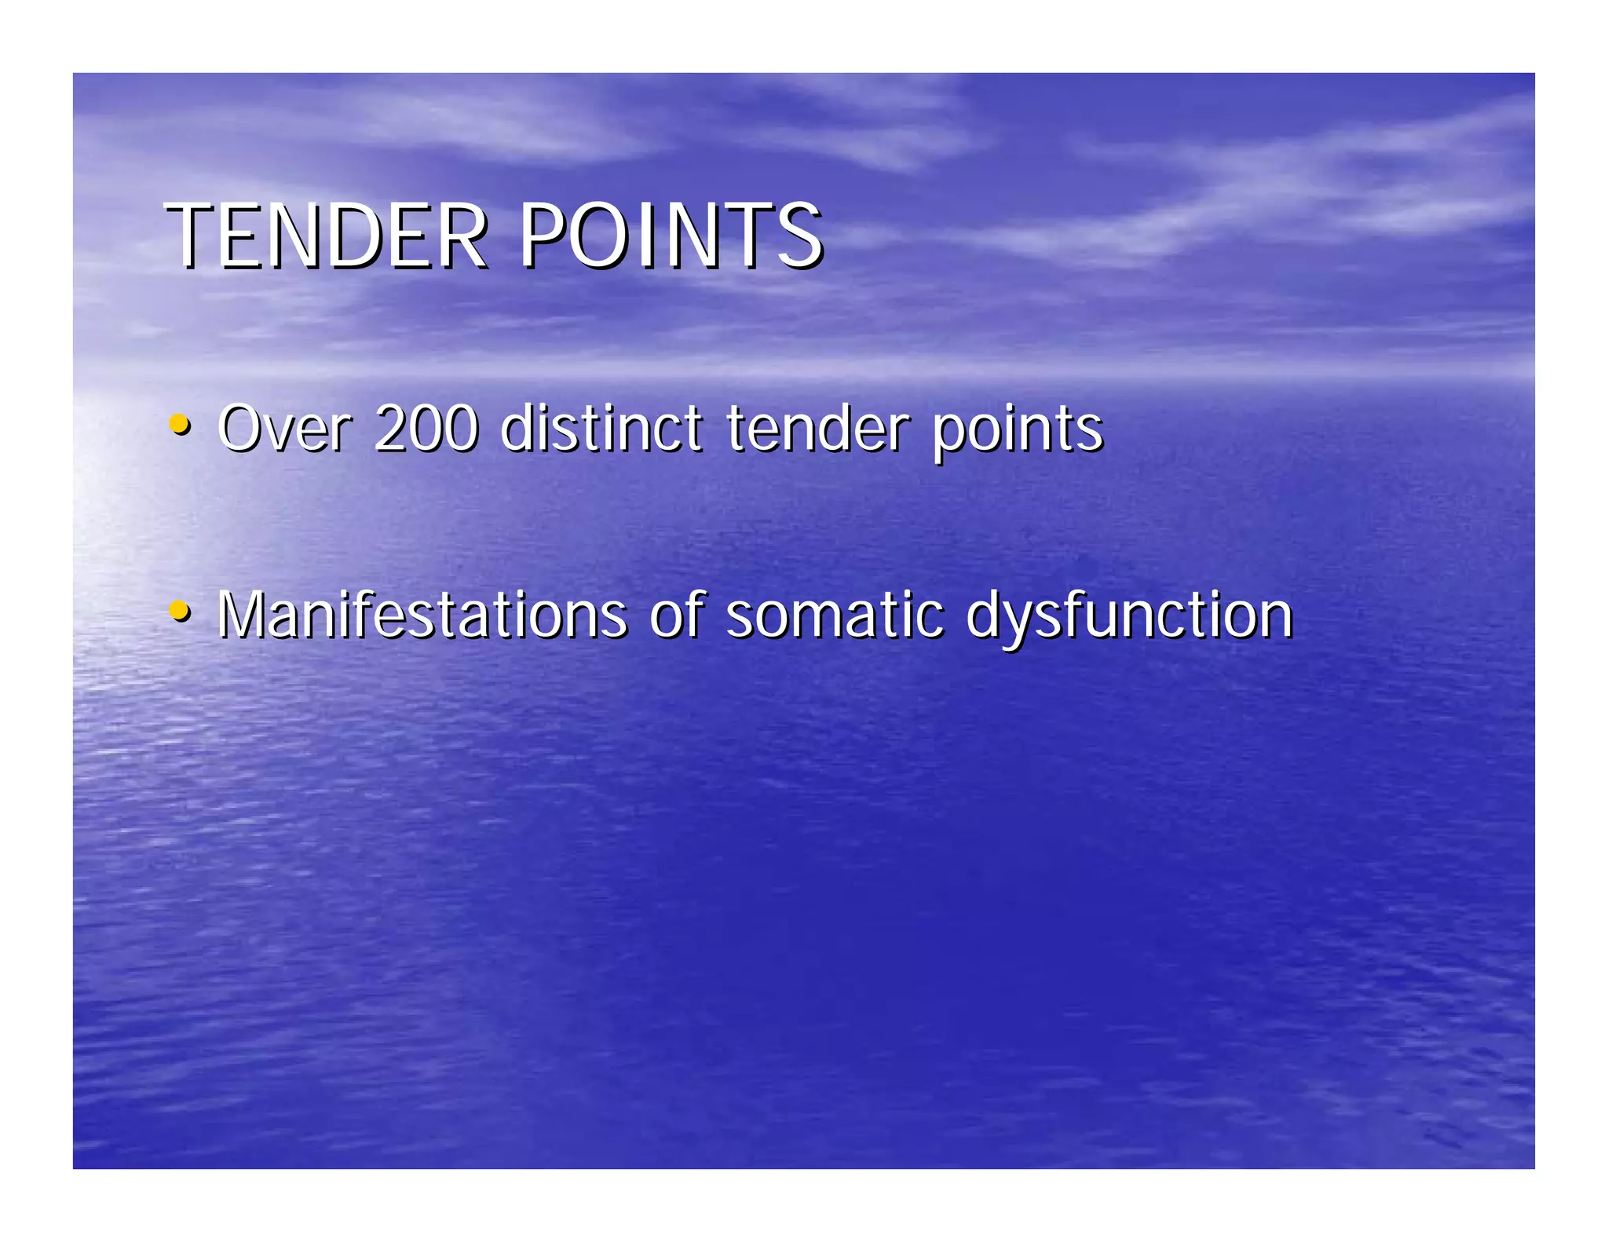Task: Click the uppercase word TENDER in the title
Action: click(x=326, y=236)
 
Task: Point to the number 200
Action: click(x=426, y=429)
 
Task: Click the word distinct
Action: click(x=601, y=429)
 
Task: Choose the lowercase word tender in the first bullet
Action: click(x=817, y=429)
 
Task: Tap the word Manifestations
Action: click(x=422, y=614)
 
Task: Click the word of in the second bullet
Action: click(x=677, y=614)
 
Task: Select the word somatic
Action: click(x=835, y=614)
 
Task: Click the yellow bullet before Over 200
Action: click(x=180, y=425)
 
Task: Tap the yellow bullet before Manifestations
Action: click(x=180, y=610)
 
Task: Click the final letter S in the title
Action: click(x=799, y=236)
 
